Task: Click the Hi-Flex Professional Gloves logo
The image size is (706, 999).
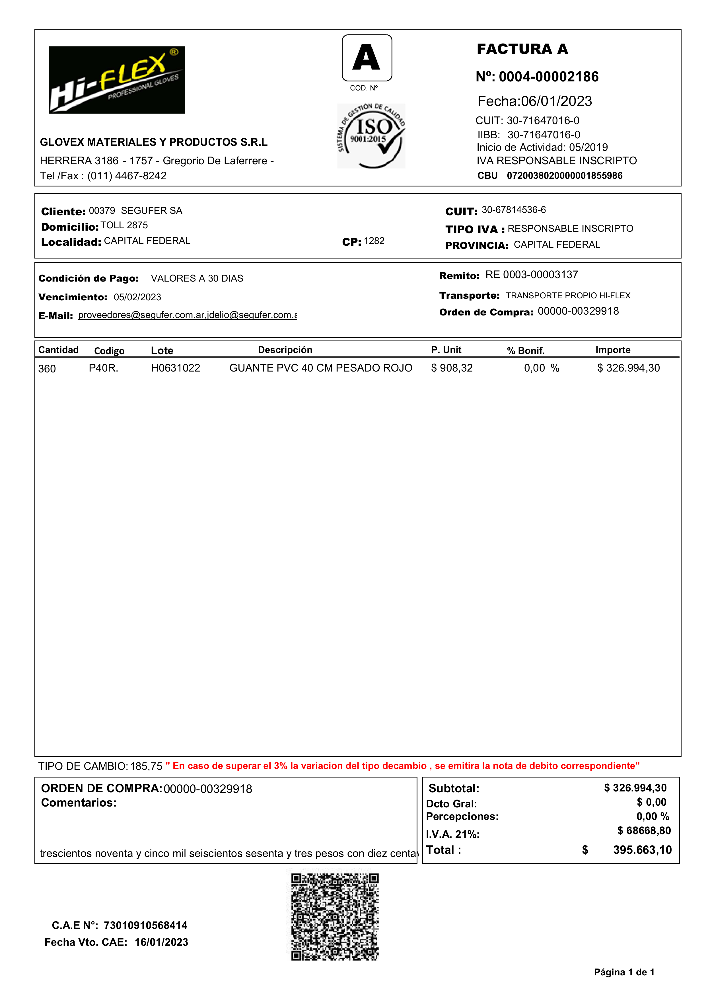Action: [117, 80]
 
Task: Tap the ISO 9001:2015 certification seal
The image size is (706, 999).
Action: [371, 136]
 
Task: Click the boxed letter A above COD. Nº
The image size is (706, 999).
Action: [367, 58]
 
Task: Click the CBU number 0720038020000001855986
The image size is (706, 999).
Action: [564, 176]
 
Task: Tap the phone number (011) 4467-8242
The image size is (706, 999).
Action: [127, 176]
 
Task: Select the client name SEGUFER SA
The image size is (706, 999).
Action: [151, 211]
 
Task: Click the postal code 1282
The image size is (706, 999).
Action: [374, 241]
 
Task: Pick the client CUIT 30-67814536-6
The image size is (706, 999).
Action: [513, 210]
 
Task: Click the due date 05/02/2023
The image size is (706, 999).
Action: [137, 297]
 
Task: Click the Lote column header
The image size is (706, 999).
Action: [162, 351]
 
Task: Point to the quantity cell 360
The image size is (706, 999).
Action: [47, 369]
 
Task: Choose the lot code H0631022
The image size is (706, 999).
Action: [175, 368]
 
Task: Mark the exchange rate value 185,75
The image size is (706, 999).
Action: [146, 766]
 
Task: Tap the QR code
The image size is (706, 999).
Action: [335, 917]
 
